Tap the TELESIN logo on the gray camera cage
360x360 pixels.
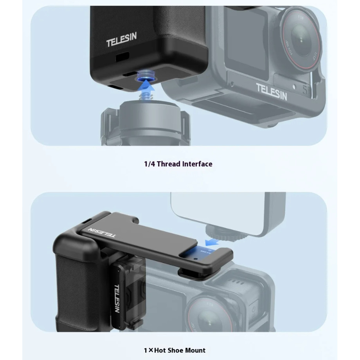point(272,91)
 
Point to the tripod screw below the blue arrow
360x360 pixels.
point(145,95)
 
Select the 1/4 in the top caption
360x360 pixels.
point(149,164)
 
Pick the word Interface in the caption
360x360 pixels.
point(198,164)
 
